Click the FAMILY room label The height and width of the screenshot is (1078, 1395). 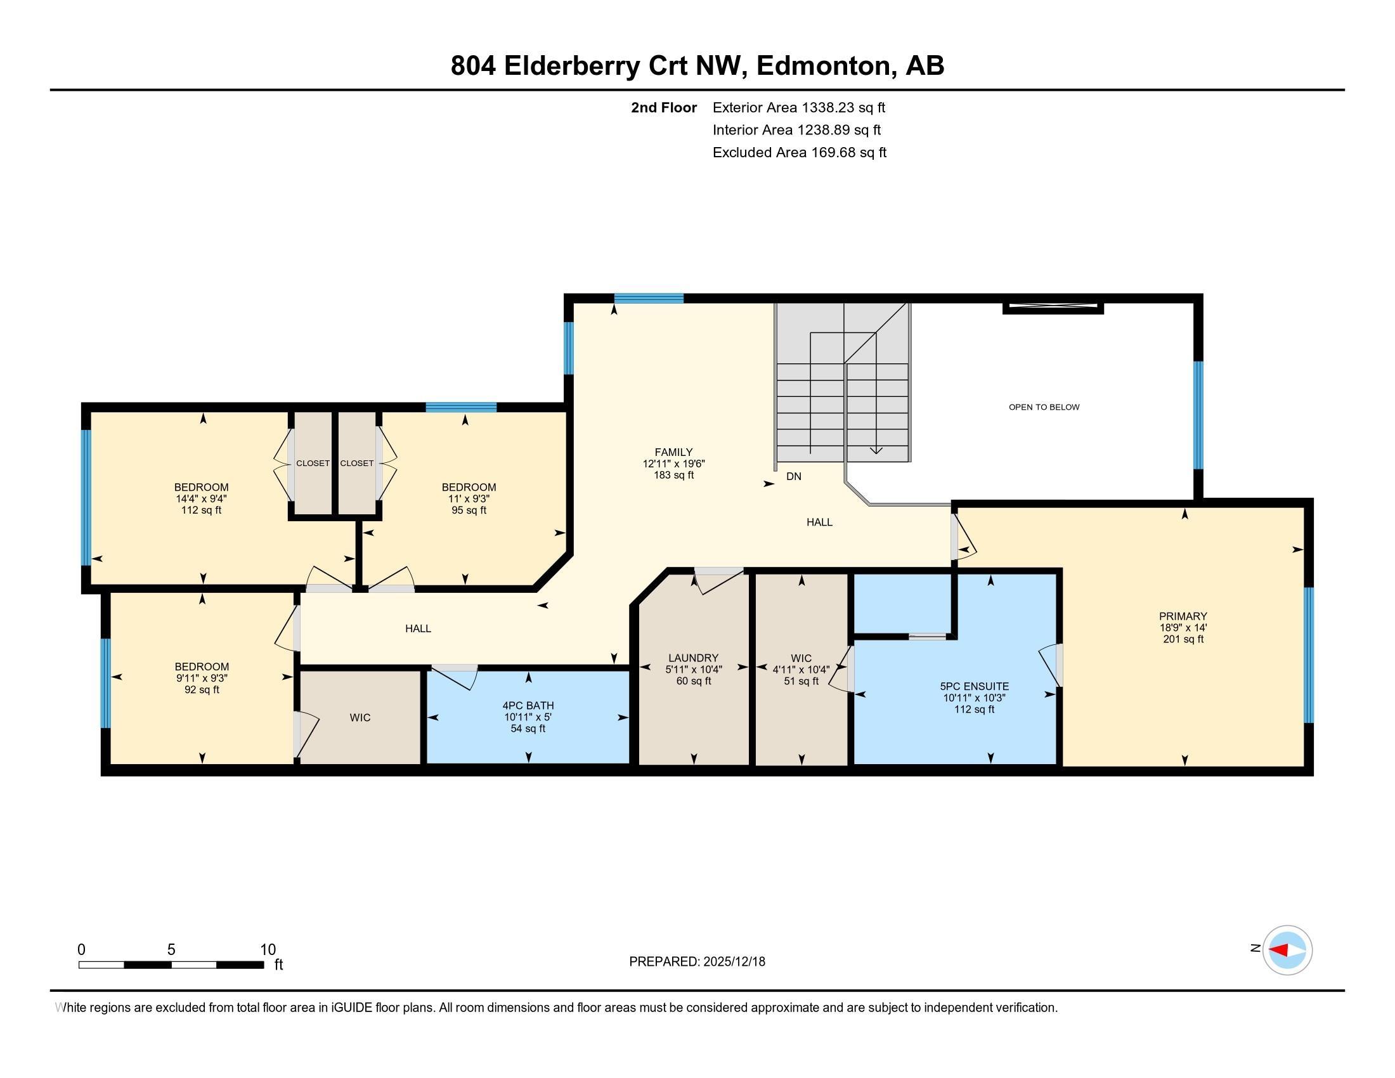pyautogui.click(x=673, y=451)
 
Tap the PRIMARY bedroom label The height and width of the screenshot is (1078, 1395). pyautogui.click(x=1183, y=616)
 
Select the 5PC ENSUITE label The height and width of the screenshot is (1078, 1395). pyautogui.click(x=974, y=686)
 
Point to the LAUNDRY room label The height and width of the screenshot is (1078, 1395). pyautogui.click(x=693, y=658)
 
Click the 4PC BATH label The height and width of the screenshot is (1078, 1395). pyautogui.click(x=528, y=705)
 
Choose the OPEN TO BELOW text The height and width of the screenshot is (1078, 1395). pyautogui.click(x=1044, y=407)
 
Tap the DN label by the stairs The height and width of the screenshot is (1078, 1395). pyautogui.click(x=793, y=476)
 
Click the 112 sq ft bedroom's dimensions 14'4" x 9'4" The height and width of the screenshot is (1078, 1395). pyautogui.click(x=201, y=499)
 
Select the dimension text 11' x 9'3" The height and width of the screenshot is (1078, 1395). pyautogui.click(x=469, y=499)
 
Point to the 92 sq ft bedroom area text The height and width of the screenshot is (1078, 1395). pyautogui.click(x=201, y=690)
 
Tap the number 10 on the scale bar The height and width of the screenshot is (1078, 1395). pyautogui.click(x=268, y=949)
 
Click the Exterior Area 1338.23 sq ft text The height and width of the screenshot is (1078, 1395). pyautogui.click(x=798, y=107)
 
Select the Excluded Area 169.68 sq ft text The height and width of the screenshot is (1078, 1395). pyautogui.click(x=799, y=152)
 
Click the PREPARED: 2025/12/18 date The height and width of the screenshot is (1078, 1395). pyautogui.click(x=697, y=961)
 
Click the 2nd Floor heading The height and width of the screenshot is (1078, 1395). pyautogui.click(x=663, y=107)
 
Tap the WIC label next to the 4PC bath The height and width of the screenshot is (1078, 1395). pyautogui.click(x=360, y=717)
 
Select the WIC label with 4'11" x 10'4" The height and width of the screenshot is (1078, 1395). pyautogui.click(x=801, y=658)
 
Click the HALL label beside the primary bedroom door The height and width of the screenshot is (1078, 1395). pyautogui.click(x=819, y=522)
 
